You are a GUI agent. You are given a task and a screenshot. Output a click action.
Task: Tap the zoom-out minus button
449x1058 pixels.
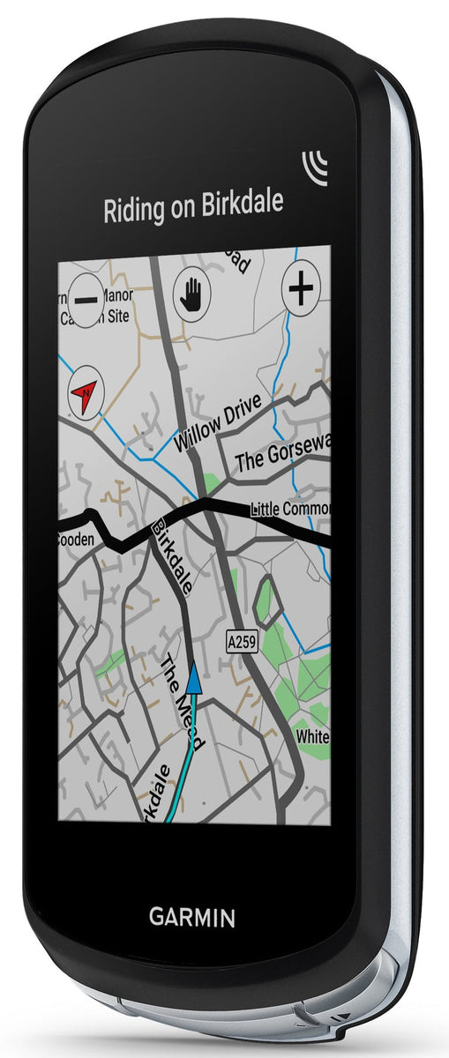[x=86, y=298]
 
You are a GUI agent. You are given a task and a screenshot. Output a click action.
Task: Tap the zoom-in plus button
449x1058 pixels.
[x=301, y=289]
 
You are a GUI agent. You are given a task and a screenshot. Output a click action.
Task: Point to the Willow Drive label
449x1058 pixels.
[x=219, y=423]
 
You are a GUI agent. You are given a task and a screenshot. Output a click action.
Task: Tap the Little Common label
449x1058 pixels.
[x=290, y=509]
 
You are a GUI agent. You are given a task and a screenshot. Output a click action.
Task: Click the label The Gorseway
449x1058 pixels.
[x=282, y=455]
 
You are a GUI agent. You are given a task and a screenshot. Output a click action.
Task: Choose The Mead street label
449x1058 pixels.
[x=182, y=702]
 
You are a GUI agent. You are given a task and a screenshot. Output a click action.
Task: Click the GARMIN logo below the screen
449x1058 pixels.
[x=191, y=918]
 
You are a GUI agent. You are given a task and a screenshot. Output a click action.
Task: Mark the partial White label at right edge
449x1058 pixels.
[x=313, y=734]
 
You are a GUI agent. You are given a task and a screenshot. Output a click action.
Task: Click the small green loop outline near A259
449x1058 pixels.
[x=267, y=602]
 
